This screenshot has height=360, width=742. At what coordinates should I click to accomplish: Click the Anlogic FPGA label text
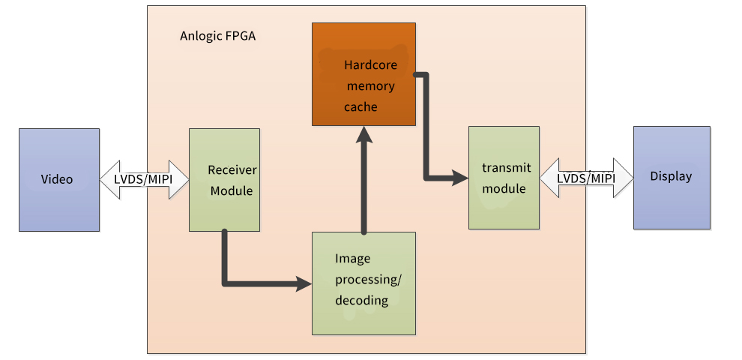(217, 36)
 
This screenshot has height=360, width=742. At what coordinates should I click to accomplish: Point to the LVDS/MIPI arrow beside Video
(143, 180)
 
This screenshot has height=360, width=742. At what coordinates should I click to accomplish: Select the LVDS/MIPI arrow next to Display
(586, 178)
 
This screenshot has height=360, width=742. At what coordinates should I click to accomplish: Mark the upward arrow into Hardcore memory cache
(364, 180)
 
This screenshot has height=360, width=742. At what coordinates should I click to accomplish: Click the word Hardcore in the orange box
(370, 65)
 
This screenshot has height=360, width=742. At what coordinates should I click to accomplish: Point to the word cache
(361, 107)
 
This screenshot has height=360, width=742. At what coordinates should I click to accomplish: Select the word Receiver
(232, 169)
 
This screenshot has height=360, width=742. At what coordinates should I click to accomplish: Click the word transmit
(506, 168)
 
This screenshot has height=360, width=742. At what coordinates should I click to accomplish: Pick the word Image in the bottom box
(352, 259)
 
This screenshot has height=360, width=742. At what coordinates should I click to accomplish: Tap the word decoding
(362, 301)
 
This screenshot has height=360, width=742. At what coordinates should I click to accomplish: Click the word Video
(57, 179)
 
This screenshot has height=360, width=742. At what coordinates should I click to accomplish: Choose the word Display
(671, 177)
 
